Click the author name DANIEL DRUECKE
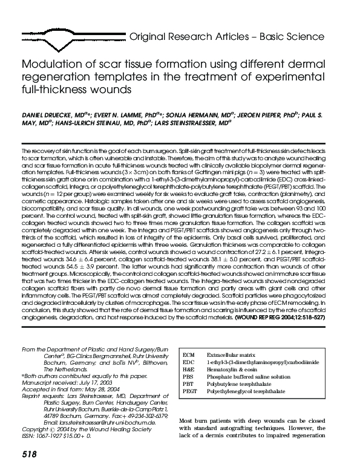pyautogui.click(x=43, y=114)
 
